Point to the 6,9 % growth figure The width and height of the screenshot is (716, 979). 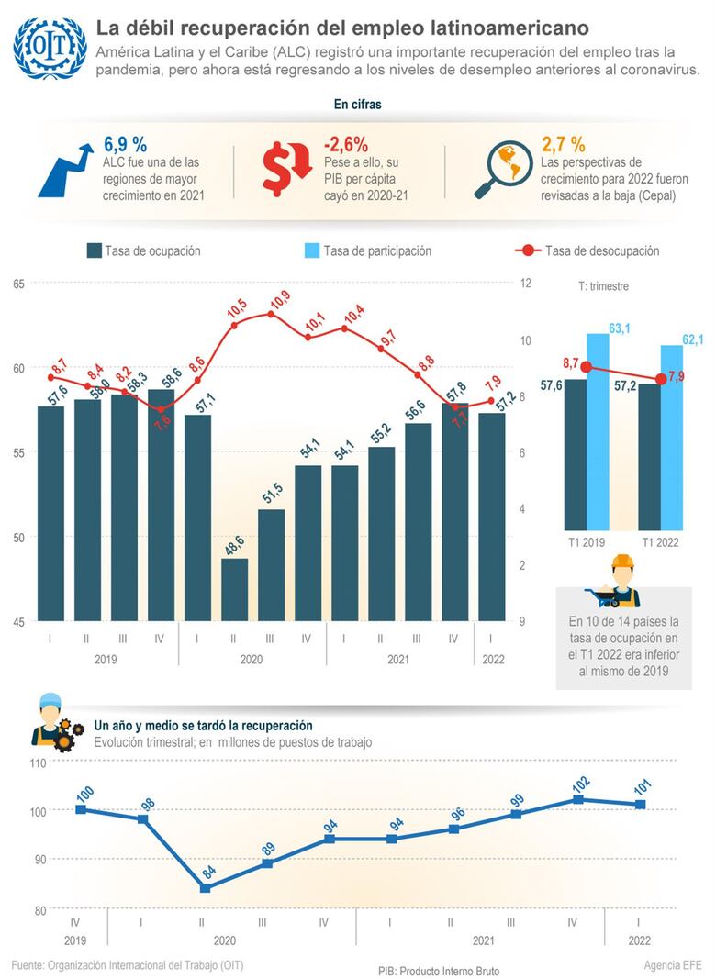click(x=126, y=144)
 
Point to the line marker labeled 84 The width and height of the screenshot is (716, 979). click(x=206, y=887)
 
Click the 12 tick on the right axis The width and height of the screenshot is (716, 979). click(x=525, y=284)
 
